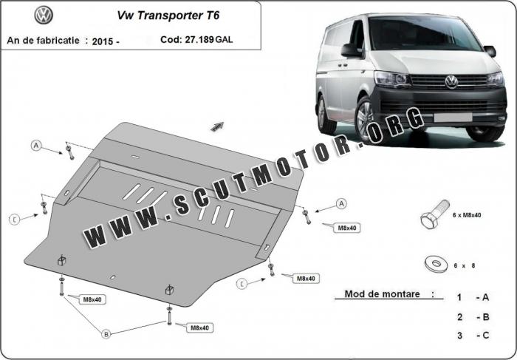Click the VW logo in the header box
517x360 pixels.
point(44,16)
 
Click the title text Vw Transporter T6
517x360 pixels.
point(168,16)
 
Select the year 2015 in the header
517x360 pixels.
point(103,41)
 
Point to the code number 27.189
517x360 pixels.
point(199,39)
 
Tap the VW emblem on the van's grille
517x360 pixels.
point(451,81)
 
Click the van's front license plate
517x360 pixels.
point(453,117)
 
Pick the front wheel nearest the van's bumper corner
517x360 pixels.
point(366,120)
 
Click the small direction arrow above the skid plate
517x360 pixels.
point(217,126)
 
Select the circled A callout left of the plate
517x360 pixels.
point(36,145)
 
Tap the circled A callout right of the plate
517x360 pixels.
point(341,204)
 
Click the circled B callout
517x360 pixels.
point(106,334)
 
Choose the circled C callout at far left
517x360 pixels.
point(15,220)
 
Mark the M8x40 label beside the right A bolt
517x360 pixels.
point(347,228)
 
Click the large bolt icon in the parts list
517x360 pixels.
point(434,214)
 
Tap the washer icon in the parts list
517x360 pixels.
point(436,264)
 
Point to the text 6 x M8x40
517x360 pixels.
point(467,215)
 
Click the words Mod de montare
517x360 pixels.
point(382,294)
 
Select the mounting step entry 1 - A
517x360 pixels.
point(473,297)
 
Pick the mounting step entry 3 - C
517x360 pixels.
point(473,336)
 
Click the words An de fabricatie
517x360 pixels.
point(43,40)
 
